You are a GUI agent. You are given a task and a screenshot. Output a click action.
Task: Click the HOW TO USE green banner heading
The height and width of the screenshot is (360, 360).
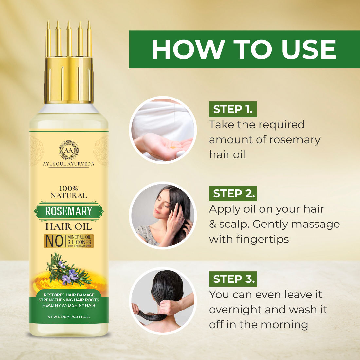pyautogui.click(x=244, y=49)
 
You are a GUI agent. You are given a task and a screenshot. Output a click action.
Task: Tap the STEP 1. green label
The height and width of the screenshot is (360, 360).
pyautogui.click(x=233, y=109)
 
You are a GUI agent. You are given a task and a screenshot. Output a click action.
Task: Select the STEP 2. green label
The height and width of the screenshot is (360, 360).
pyautogui.click(x=233, y=193)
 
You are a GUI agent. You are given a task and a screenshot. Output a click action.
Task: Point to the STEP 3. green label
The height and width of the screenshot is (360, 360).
pyautogui.click(x=233, y=279)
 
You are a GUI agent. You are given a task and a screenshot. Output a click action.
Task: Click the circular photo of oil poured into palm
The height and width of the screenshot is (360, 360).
pyautogui.click(x=163, y=130)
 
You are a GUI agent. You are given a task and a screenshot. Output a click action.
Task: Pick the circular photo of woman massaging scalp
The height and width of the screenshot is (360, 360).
pyautogui.click(x=163, y=215)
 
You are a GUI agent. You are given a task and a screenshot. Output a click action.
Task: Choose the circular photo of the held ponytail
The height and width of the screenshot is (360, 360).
pyautogui.click(x=163, y=301)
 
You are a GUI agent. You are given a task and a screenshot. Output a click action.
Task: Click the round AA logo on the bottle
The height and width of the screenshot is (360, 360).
pyautogui.click(x=68, y=151)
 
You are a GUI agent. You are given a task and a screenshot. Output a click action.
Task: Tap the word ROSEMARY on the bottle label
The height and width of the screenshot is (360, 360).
pyautogui.click(x=68, y=211)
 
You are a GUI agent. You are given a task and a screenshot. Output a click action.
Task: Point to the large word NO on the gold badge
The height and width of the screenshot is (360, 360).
pyautogui.click(x=54, y=241)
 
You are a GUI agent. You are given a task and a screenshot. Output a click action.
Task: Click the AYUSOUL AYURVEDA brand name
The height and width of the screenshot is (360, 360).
pyautogui.click(x=68, y=164)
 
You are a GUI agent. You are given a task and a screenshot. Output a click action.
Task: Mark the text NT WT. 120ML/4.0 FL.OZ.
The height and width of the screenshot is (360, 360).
pyautogui.click(x=69, y=317)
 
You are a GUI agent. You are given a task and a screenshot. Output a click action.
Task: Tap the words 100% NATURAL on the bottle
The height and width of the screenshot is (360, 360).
pyautogui.click(x=68, y=192)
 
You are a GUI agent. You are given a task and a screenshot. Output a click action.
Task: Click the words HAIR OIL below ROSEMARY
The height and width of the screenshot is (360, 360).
pyautogui.click(x=69, y=226)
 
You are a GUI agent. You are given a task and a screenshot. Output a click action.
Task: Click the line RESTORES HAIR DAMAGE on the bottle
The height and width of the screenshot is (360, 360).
pyautogui.click(x=69, y=295)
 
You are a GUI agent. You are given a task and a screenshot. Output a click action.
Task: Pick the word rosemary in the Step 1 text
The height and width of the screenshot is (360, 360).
pyautogui.click(x=295, y=140)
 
